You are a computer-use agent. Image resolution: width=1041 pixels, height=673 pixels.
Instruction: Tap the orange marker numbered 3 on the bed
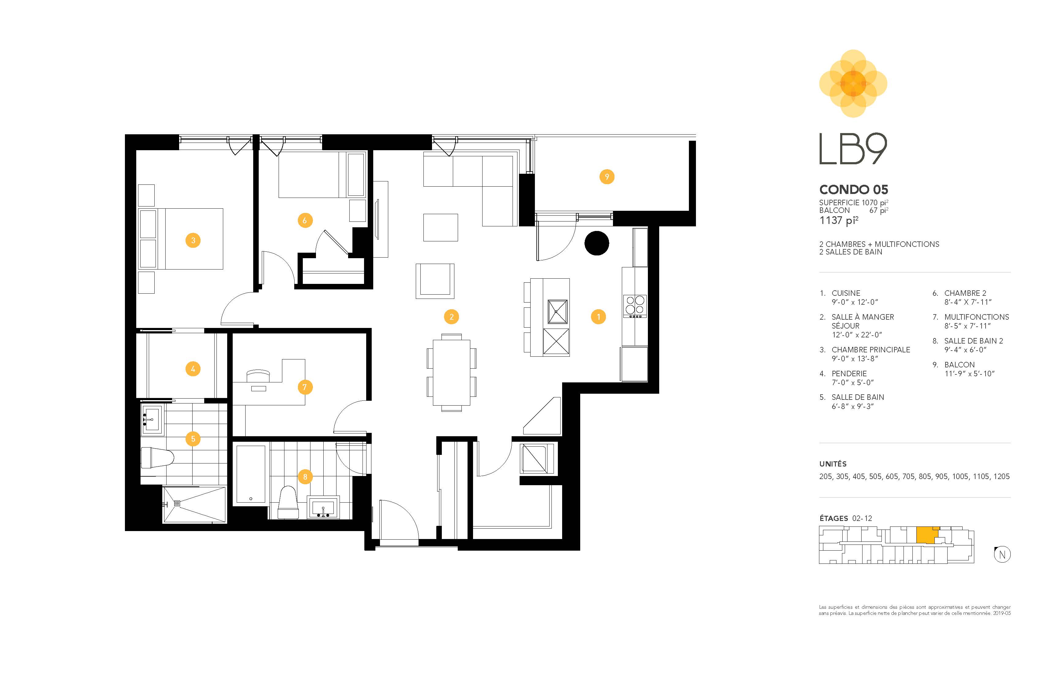(x=193, y=240)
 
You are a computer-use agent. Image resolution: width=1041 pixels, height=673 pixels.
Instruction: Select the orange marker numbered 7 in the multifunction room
(x=305, y=387)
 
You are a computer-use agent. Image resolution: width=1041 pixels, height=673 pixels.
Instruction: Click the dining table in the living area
(x=451, y=372)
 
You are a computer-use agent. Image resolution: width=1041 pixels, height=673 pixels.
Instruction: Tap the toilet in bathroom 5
(x=156, y=458)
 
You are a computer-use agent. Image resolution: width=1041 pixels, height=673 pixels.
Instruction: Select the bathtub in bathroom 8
(x=251, y=474)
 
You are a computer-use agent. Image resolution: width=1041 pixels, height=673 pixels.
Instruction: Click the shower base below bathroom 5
(x=195, y=504)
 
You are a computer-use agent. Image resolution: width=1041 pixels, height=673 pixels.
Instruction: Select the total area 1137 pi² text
(x=839, y=220)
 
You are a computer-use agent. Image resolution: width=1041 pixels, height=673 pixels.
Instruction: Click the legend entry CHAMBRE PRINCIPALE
(x=870, y=350)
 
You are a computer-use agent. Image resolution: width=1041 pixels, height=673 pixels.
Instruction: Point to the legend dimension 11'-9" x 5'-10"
(x=969, y=374)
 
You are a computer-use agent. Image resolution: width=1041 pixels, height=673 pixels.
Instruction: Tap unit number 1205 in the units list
(x=1001, y=476)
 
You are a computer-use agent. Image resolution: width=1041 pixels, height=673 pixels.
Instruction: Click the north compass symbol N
(x=1002, y=555)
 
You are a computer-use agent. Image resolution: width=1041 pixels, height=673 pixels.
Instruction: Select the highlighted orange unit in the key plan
(x=927, y=535)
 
